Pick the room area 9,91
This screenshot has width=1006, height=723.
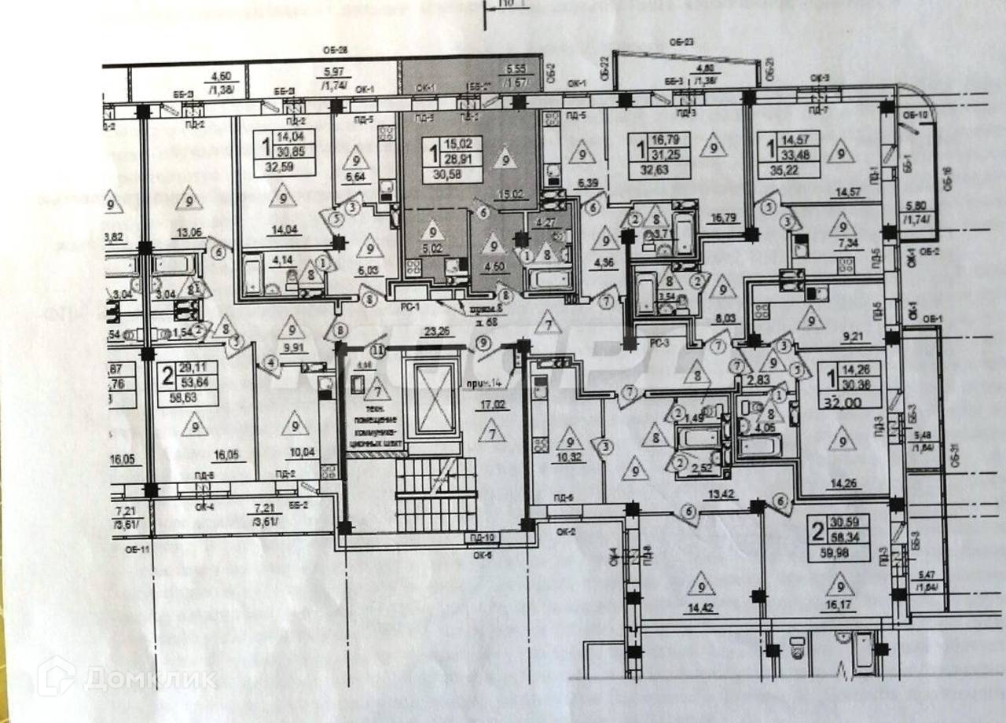pyautogui.click(x=292, y=347)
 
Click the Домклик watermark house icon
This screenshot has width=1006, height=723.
pyautogui.click(x=56, y=676)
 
